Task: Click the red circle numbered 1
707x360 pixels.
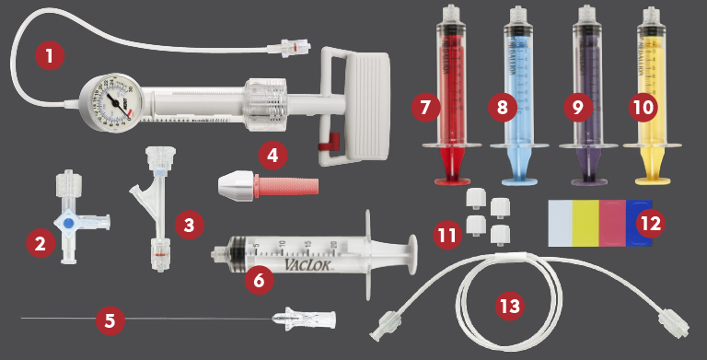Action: tap(51, 56)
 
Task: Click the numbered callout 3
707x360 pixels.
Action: tap(188, 224)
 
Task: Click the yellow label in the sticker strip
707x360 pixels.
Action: tap(585, 222)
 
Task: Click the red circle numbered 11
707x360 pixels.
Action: tap(448, 236)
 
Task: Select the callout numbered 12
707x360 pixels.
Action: tap(654, 222)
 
